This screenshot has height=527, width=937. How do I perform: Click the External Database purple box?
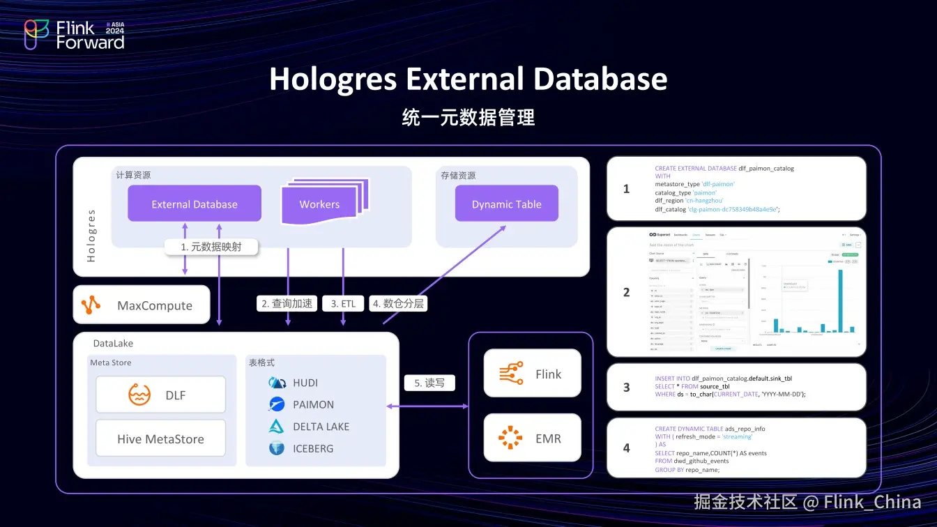click(x=195, y=204)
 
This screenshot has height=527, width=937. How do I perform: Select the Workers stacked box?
click(x=320, y=204)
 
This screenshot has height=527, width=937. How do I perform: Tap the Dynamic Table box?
click(x=506, y=204)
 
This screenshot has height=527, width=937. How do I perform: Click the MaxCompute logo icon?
click(x=91, y=305)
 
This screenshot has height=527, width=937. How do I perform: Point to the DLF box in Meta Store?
click(x=160, y=395)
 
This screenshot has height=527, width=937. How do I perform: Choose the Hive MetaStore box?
click(x=160, y=438)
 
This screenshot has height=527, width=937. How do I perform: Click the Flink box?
click(x=532, y=374)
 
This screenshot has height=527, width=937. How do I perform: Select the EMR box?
click(x=532, y=438)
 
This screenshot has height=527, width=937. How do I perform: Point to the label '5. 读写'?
click(x=429, y=383)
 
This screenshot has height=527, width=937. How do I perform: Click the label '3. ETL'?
click(x=343, y=303)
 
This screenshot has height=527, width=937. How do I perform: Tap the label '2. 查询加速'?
click(x=288, y=303)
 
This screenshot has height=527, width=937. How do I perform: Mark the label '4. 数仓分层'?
click(x=398, y=303)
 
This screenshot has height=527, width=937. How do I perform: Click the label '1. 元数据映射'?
click(x=211, y=246)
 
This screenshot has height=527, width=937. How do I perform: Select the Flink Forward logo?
click(x=75, y=34)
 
